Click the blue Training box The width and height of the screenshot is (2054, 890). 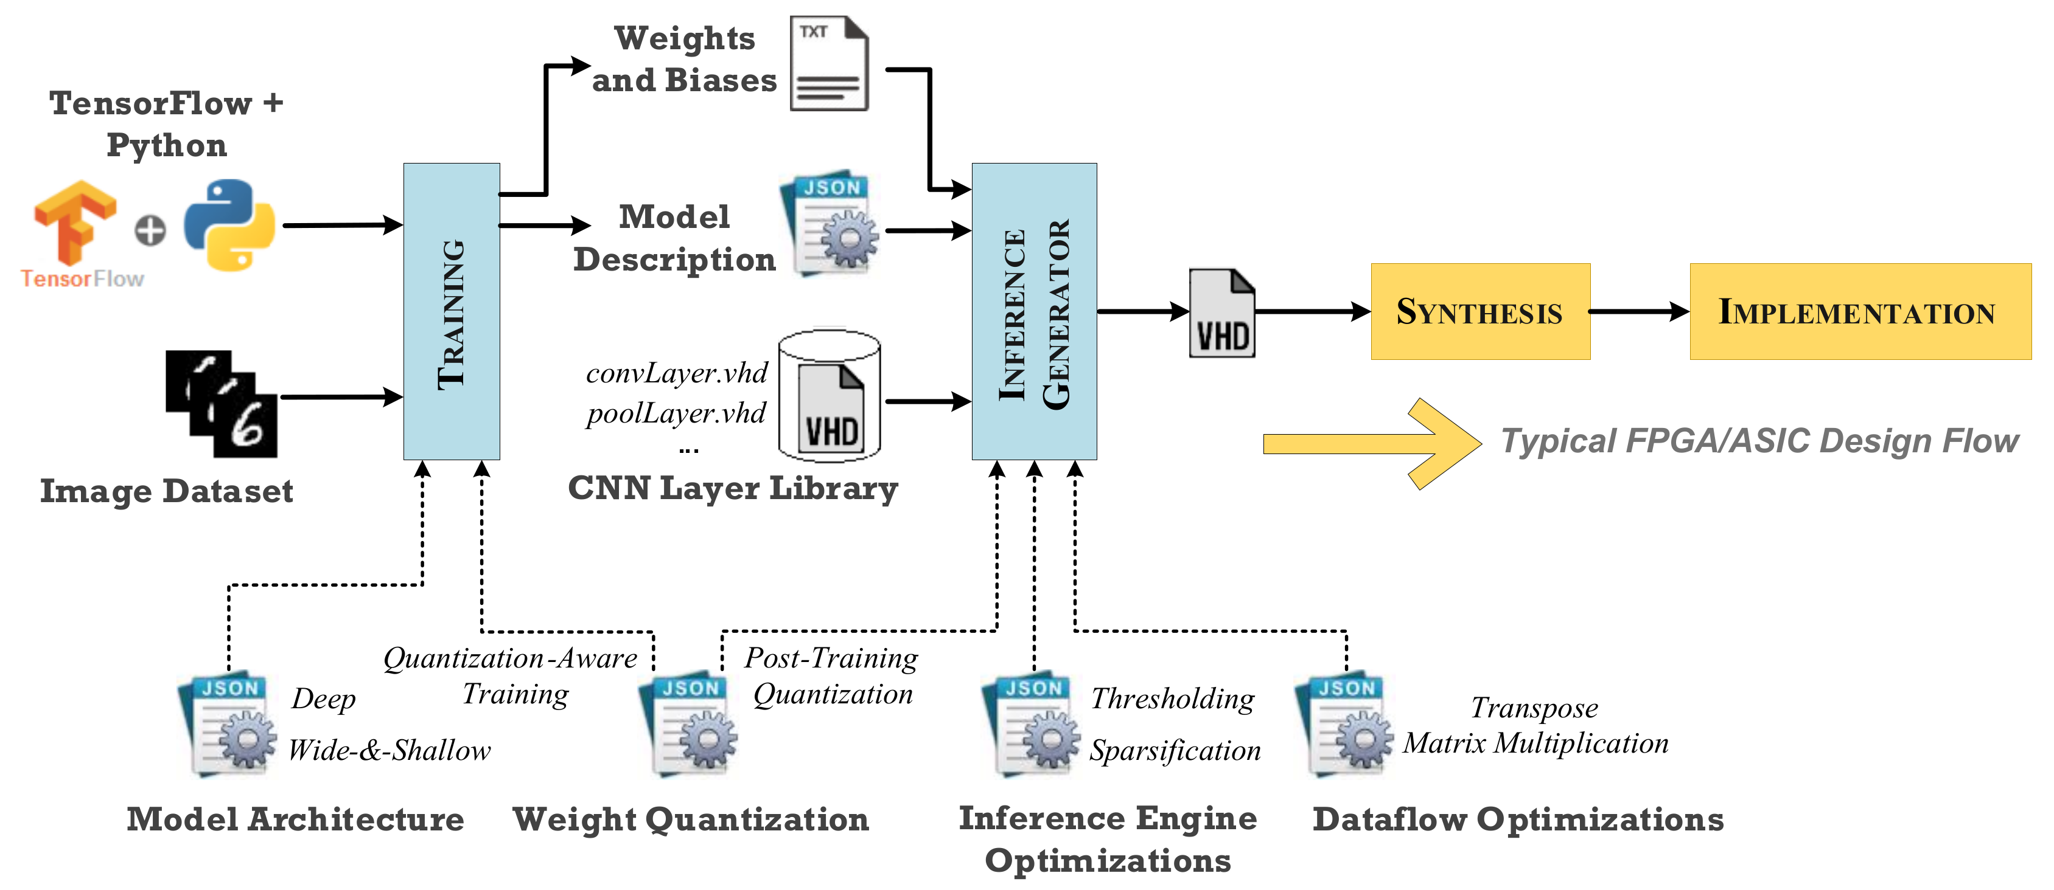[x=452, y=311]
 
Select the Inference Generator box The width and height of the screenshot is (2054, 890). [x=1033, y=311]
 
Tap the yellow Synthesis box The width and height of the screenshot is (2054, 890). [x=1480, y=311]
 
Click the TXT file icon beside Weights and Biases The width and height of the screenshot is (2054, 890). [x=828, y=64]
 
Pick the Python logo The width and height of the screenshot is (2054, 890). [x=229, y=226]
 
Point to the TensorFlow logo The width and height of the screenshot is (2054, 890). [x=75, y=223]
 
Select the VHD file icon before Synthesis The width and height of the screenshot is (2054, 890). [x=1221, y=313]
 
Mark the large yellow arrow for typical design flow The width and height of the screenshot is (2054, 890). [x=1371, y=443]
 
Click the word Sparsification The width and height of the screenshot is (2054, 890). [x=1175, y=751]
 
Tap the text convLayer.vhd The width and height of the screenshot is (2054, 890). [x=676, y=373]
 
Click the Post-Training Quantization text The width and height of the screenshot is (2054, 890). [x=832, y=675]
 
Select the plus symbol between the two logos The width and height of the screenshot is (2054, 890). [x=150, y=231]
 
